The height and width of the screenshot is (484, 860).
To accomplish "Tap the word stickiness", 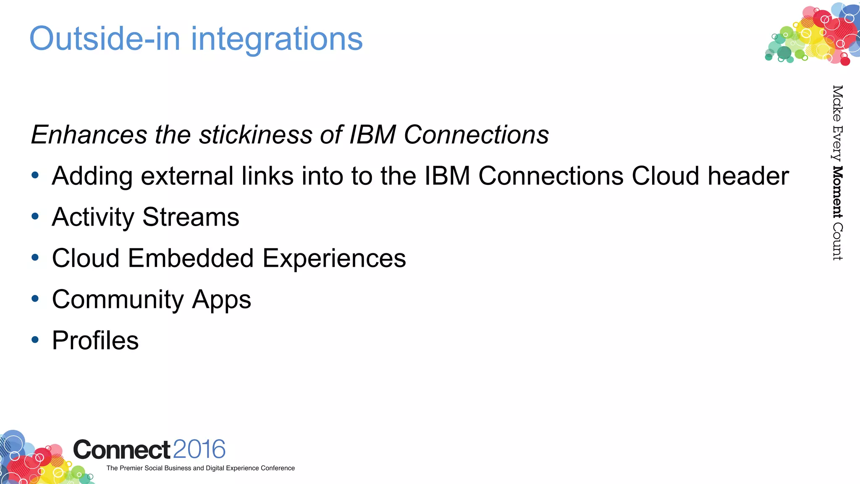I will point(256,135).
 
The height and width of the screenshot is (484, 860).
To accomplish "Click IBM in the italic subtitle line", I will point(372,135).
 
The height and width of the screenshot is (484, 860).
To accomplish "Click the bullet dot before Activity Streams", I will point(35,216).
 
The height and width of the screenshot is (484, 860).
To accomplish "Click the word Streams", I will point(191,217).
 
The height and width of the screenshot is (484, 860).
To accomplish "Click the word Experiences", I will point(334,259).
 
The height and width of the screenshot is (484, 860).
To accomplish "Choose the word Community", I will point(118,300).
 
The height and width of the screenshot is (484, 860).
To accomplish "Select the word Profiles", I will point(95,340).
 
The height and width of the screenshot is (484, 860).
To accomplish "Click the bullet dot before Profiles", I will point(35,339).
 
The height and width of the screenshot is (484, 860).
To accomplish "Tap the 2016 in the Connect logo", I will point(199,450).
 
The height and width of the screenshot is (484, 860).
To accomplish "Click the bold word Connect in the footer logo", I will point(122,450).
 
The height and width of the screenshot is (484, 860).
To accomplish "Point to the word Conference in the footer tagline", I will point(278,468).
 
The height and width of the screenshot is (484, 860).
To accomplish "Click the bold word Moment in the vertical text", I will point(837,192).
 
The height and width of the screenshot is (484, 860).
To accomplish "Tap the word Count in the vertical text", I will point(837,242).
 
